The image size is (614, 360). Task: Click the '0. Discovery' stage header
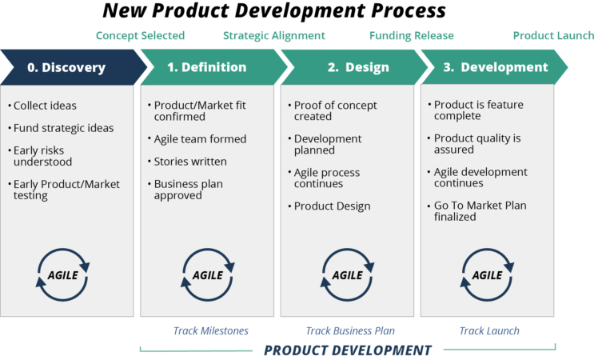point(74,67)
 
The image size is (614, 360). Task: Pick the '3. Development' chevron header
point(494,67)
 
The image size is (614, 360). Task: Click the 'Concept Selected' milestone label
point(140,36)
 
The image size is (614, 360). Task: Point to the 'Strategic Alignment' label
point(274,36)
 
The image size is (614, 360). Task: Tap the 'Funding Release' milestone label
point(412,36)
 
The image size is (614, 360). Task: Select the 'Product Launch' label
point(554,36)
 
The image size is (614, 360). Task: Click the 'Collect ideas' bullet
point(42,106)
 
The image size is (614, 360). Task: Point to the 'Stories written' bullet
point(188,162)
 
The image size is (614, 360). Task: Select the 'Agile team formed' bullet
point(197,139)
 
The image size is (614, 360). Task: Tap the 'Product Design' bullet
point(329,206)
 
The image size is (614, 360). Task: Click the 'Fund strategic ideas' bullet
point(61,128)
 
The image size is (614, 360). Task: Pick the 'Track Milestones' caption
point(211,331)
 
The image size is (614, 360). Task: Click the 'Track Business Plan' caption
point(350,331)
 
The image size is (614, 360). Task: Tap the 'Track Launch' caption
point(489,331)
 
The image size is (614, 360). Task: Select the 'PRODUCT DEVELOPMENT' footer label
point(348,350)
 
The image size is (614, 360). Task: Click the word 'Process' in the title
point(409,10)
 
